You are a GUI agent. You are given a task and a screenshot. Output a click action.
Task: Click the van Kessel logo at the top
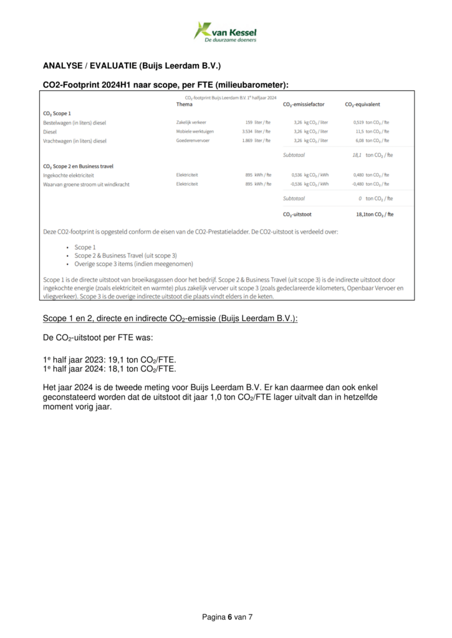(x=225, y=31)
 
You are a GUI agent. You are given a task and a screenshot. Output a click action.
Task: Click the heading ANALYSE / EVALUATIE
(x=132, y=65)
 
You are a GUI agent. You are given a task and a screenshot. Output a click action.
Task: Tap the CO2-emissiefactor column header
(x=305, y=104)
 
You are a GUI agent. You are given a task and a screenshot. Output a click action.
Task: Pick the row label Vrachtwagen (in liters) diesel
(x=75, y=141)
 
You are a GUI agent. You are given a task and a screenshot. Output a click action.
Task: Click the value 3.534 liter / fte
(x=256, y=131)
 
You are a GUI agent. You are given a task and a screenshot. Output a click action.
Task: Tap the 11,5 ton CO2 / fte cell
(x=372, y=131)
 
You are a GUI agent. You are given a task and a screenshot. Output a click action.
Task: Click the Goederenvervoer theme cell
(x=195, y=141)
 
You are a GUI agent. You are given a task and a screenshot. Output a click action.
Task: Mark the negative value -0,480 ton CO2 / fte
(x=370, y=184)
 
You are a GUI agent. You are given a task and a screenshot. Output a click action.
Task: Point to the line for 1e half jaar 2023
(x=110, y=359)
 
